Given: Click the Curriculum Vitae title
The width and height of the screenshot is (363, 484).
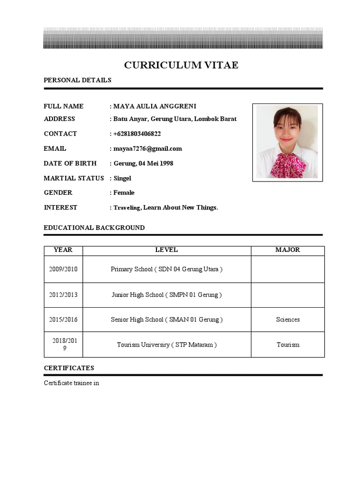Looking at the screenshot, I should (x=181, y=65).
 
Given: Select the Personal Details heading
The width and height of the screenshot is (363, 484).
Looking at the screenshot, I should (x=78, y=80).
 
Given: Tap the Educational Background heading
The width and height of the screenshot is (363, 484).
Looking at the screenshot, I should (x=94, y=228).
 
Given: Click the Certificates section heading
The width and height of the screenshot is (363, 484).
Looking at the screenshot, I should (x=69, y=368).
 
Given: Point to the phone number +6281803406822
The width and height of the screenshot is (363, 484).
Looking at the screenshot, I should (x=137, y=134).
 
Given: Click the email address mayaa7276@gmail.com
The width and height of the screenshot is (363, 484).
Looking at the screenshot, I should (x=147, y=148).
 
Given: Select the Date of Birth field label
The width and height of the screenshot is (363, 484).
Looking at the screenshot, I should (x=70, y=163).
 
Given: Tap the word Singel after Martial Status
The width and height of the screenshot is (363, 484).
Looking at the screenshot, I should (x=122, y=178).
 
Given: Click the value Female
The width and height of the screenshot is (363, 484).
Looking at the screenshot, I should (x=124, y=193).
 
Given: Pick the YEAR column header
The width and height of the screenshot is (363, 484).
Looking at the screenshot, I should (x=63, y=250).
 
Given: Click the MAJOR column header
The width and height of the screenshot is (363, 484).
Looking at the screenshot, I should (x=287, y=250).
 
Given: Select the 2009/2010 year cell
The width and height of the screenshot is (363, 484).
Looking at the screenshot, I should (x=63, y=269).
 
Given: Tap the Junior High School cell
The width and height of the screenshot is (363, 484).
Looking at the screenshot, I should (x=166, y=295).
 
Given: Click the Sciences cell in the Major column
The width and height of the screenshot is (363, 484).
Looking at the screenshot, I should (x=288, y=320).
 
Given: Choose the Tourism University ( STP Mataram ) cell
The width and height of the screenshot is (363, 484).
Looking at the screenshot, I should (x=166, y=345).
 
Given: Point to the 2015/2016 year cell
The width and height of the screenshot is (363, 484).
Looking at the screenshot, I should (x=63, y=320).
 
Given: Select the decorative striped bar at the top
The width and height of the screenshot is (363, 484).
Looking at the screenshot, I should (x=183, y=38).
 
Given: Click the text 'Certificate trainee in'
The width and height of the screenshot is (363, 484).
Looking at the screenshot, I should (x=71, y=383).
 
